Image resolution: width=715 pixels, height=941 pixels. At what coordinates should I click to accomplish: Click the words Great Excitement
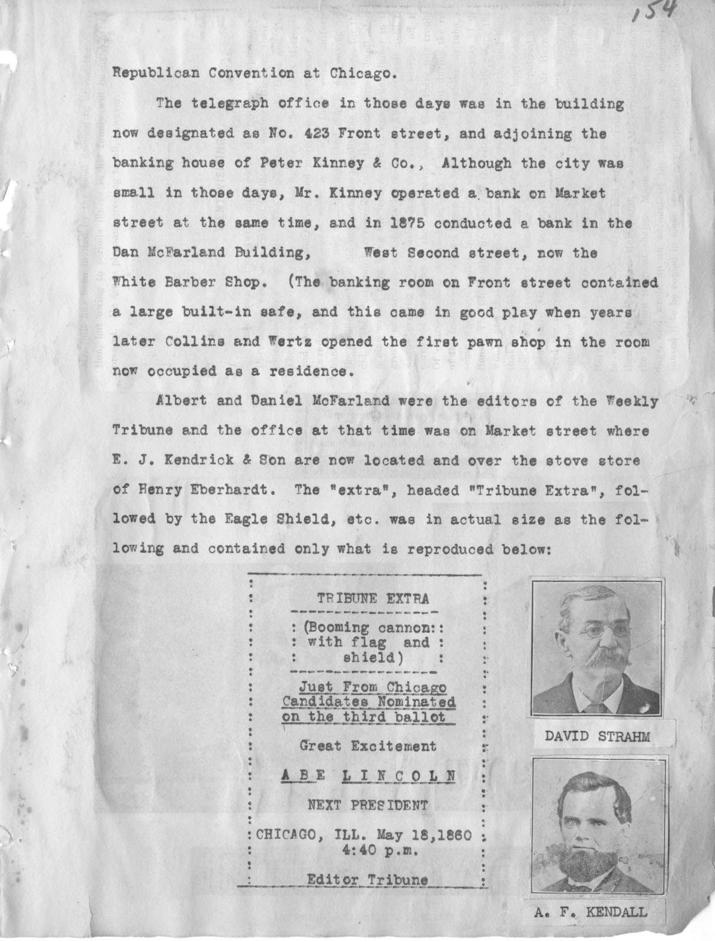click(x=368, y=746)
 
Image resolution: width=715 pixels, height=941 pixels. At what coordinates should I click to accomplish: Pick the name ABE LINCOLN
click(x=368, y=776)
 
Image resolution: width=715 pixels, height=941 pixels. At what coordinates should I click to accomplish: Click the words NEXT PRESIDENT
click(x=368, y=805)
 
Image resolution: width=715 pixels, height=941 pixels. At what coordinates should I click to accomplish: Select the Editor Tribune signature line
click(x=367, y=880)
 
